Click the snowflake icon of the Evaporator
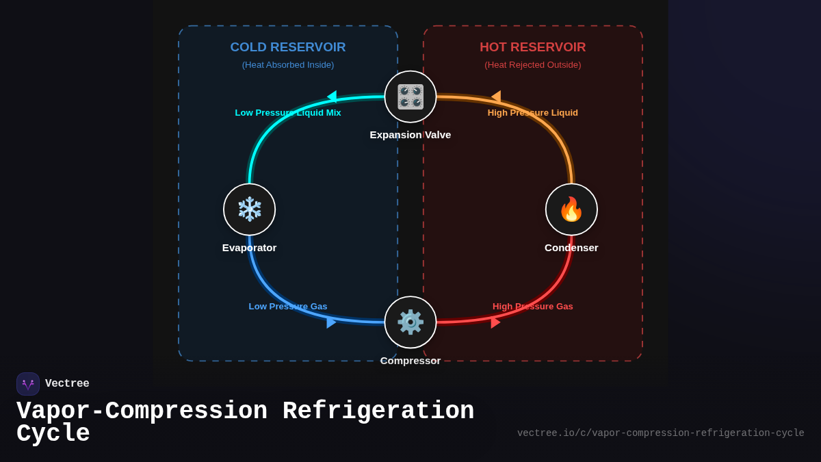[x=250, y=209]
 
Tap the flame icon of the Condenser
[x=571, y=209]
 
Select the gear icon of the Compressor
[x=410, y=322]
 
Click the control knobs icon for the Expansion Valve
[x=410, y=97]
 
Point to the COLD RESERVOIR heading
[x=288, y=47]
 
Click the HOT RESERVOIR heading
[x=532, y=47]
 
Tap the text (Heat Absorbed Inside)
[x=288, y=65]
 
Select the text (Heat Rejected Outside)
[x=532, y=65]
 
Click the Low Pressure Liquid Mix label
[x=288, y=113]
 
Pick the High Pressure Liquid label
[x=532, y=113]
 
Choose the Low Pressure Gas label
[x=288, y=307]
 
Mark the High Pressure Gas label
[x=532, y=307]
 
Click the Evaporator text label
[x=250, y=248]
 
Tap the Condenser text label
[x=571, y=248]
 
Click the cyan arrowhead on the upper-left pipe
[x=333, y=97]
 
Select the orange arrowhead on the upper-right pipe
[x=497, y=97]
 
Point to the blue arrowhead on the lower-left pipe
[x=330, y=322]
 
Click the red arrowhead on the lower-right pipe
[x=495, y=322]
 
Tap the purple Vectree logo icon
[x=28, y=384]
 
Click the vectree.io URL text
[x=660, y=433]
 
